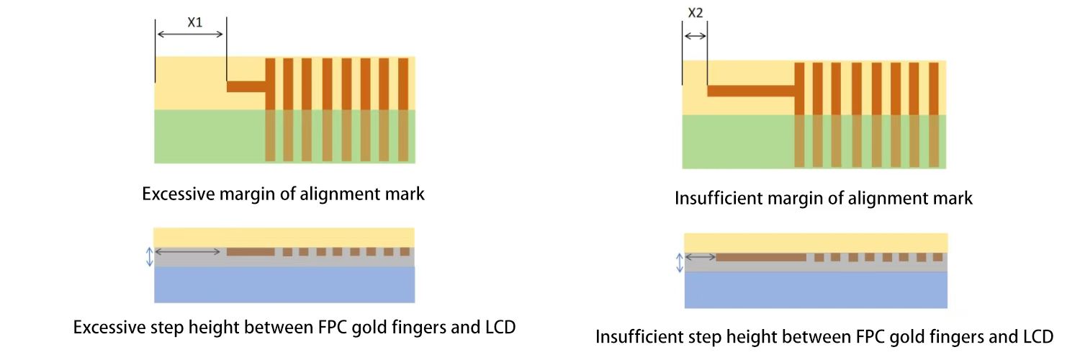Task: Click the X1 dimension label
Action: (x=194, y=22)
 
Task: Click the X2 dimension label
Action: (x=695, y=13)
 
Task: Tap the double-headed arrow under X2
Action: (x=695, y=35)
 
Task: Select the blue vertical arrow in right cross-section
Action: (x=679, y=263)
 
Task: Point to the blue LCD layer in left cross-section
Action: (x=284, y=284)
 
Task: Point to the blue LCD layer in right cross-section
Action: (x=815, y=289)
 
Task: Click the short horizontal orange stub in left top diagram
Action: (x=246, y=86)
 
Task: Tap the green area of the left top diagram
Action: (x=209, y=137)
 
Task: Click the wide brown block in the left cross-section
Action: (x=251, y=252)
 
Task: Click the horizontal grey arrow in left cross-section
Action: (x=188, y=251)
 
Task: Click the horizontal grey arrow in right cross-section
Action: (x=701, y=257)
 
